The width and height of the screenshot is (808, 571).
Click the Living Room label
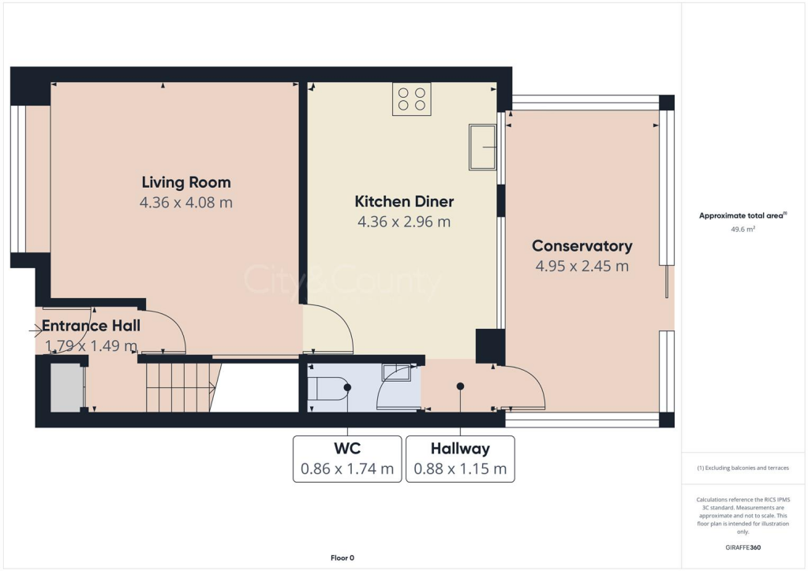[x=186, y=183]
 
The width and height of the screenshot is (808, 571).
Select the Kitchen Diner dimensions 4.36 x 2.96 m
[x=404, y=222]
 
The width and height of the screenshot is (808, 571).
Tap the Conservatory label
[x=582, y=245]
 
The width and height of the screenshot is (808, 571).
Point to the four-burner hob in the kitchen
[x=411, y=99]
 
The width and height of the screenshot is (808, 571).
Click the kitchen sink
[x=482, y=147]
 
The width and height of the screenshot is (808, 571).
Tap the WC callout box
[x=347, y=459]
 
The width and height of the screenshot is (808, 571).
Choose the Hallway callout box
[x=460, y=459]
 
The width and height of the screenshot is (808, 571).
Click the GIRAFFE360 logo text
[x=743, y=547]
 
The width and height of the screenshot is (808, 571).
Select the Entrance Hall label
[x=91, y=326]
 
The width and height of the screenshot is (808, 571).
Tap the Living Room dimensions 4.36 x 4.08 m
[x=186, y=203]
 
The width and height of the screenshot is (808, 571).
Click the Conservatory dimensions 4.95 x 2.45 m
[x=582, y=266]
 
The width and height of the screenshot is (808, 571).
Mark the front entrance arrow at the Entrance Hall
[x=36, y=331]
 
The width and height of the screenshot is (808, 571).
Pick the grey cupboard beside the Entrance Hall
[x=66, y=387]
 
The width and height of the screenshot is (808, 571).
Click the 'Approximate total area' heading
[x=741, y=215]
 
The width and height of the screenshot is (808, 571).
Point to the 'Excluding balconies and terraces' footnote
[x=743, y=468]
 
